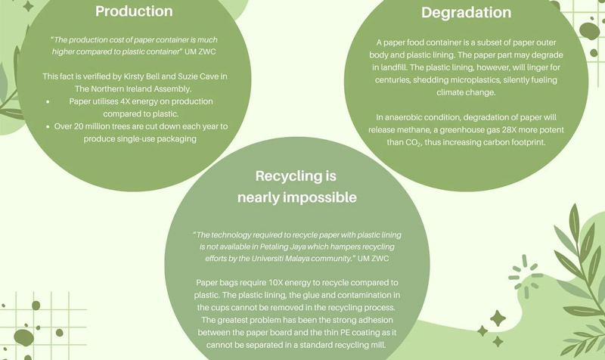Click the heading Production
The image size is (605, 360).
(134, 11)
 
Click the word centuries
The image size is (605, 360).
(389, 79)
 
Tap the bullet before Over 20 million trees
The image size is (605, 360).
(48, 126)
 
